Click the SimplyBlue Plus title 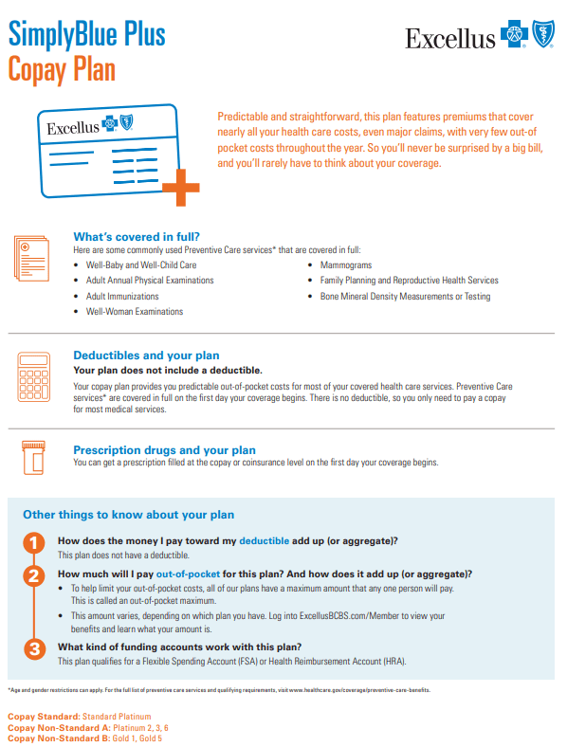pos(86,34)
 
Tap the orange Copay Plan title pos(62,69)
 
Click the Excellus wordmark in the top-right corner pos(450,39)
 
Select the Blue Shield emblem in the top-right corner pos(543,34)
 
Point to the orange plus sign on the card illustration pos(181,188)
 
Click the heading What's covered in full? pos(137,237)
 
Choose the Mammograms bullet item pos(346,264)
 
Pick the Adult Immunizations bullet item pos(122,297)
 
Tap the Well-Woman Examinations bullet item pos(135,312)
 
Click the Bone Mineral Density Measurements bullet pos(405,297)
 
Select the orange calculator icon pos(34,377)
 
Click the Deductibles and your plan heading pos(146,355)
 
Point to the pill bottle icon pos(33,457)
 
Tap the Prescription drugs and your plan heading pos(164,450)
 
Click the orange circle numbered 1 pos(34,543)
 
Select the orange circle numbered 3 pos(35,648)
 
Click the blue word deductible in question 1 pos(264,540)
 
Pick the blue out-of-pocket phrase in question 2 pos(188,574)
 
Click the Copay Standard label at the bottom pos(44,717)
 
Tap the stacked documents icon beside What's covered pos(32,259)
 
